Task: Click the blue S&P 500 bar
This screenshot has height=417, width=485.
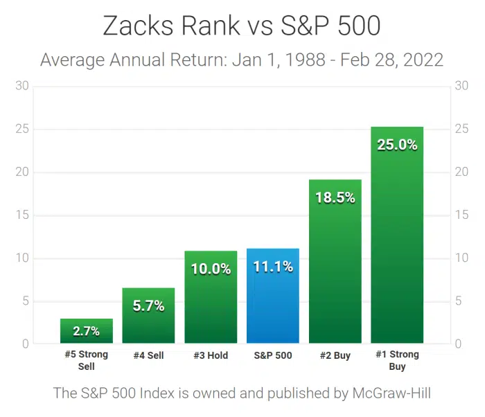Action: click(x=273, y=298)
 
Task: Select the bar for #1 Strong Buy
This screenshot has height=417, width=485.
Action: click(x=397, y=242)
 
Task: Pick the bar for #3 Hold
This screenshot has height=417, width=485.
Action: click(x=211, y=305)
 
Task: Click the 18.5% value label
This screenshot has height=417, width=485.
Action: click(x=335, y=197)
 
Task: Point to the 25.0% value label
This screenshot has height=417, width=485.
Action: click(x=397, y=145)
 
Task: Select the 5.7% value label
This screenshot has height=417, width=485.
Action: click(x=148, y=305)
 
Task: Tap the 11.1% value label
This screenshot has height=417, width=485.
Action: click(x=273, y=267)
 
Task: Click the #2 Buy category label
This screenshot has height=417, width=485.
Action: click(x=335, y=355)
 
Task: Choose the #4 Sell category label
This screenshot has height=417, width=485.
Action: click(x=148, y=355)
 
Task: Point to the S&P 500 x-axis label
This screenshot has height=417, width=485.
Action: click(x=273, y=355)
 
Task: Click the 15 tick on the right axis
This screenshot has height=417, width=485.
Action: click(x=461, y=215)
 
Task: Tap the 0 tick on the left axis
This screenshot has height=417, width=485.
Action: click(x=26, y=344)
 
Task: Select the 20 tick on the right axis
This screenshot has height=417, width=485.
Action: click(x=461, y=172)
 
